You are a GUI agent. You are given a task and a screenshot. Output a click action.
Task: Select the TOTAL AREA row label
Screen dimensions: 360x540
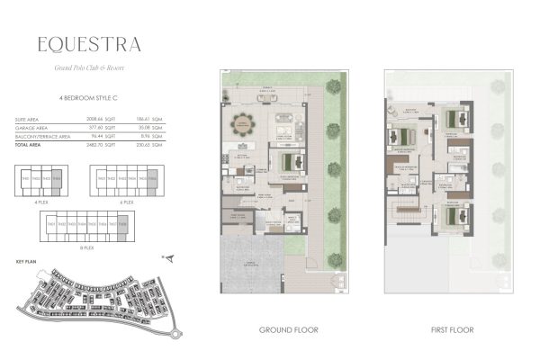coord(29,145)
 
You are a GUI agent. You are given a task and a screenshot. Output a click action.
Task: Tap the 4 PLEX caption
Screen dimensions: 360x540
coord(40,203)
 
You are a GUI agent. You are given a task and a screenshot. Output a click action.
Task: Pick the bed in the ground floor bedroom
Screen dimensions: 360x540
coord(290,163)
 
